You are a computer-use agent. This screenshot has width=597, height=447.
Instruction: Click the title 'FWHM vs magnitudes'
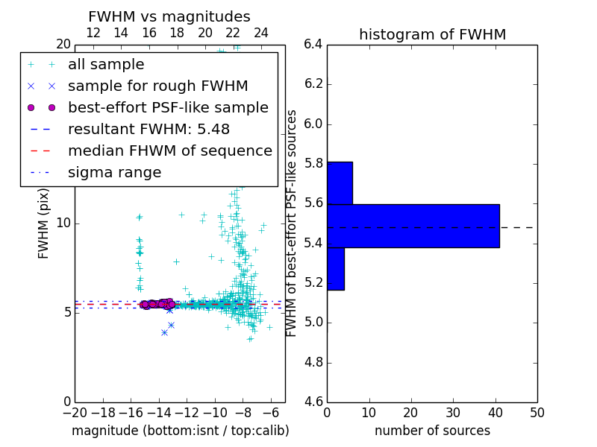(x=169, y=16)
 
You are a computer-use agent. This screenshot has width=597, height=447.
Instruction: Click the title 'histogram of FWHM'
(x=432, y=34)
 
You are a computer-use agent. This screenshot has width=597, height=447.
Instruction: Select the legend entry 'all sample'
(x=106, y=65)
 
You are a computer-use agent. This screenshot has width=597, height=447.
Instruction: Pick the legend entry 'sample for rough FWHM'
(x=157, y=86)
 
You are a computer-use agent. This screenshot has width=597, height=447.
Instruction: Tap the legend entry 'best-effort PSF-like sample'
(x=168, y=107)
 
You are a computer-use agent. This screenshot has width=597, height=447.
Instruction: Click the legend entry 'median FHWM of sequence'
(x=169, y=150)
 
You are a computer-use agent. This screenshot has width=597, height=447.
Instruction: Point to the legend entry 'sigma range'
(x=114, y=172)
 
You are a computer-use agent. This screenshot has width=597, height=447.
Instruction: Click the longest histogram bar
(x=413, y=226)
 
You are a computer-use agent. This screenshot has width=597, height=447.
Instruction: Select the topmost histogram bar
(x=340, y=183)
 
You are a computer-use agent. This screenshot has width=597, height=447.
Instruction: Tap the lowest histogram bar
(x=336, y=269)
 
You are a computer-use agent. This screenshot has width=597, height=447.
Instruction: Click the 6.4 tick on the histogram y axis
(x=313, y=45)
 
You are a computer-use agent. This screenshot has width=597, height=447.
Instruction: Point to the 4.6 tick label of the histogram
(x=313, y=402)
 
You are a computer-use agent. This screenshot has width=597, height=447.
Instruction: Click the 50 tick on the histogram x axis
(x=537, y=412)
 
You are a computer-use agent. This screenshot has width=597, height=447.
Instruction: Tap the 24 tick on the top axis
(x=261, y=33)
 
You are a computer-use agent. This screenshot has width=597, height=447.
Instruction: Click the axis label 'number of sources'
(x=432, y=431)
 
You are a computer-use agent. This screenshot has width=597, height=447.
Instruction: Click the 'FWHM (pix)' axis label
(x=44, y=223)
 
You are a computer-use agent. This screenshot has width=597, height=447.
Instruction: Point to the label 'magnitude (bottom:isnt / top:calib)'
(x=180, y=431)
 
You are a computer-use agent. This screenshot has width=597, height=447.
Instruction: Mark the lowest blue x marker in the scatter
(x=164, y=332)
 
